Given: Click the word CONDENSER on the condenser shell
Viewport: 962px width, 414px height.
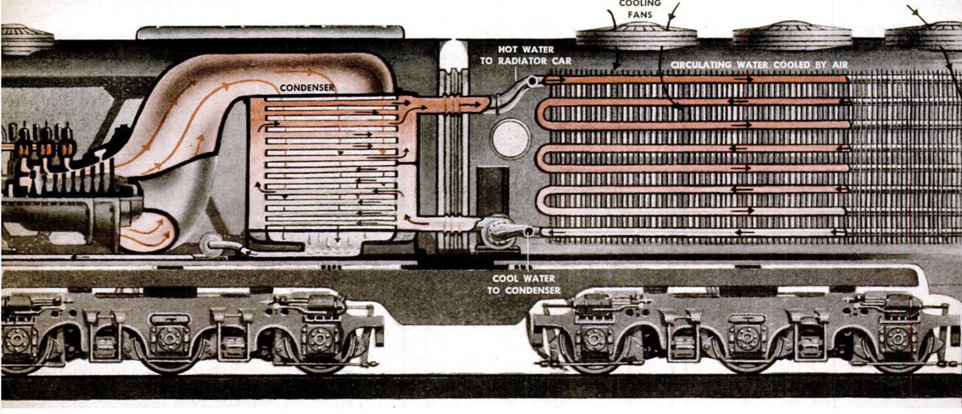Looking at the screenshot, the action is point(307,88).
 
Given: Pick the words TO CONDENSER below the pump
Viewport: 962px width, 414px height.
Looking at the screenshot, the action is point(524,290).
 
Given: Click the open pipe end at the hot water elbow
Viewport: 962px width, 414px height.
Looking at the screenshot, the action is point(533,81).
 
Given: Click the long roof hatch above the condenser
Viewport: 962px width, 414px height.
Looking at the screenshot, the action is point(270,32).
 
